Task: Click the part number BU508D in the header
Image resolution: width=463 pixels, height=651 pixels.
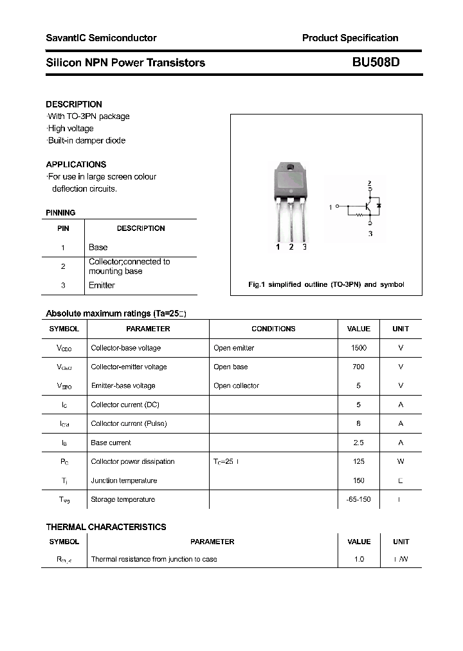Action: pyautogui.click(x=376, y=62)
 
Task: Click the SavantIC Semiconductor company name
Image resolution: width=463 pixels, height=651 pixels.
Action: pyautogui.click(x=101, y=38)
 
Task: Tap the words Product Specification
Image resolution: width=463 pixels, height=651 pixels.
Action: pyautogui.click(x=350, y=38)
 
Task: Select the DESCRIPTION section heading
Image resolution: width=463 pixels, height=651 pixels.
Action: pyautogui.click(x=74, y=104)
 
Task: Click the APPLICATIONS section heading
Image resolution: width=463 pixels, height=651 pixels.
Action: pyautogui.click(x=76, y=165)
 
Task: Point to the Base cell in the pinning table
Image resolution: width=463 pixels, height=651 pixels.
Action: pyautogui.click(x=98, y=248)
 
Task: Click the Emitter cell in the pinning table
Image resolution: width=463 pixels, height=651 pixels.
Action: pyautogui.click(x=102, y=286)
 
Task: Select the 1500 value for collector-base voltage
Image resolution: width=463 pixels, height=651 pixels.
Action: pyautogui.click(x=358, y=348)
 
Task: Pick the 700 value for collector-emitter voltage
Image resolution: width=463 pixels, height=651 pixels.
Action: pyautogui.click(x=358, y=367)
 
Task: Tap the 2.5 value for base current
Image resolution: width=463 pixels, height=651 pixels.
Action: pyautogui.click(x=358, y=443)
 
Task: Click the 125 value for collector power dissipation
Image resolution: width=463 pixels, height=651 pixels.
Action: pyautogui.click(x=358, y=461)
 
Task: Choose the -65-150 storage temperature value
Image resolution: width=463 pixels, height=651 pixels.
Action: pyautogui.click(x=358, y=499)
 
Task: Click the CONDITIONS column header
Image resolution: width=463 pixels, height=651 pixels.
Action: pyautogui.click(x=273, y=329)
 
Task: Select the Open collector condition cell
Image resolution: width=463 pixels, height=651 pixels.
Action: pyautogui.click(x=236, y=386)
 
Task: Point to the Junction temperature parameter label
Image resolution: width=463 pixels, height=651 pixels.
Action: pyautogui.click(x=124, y=481)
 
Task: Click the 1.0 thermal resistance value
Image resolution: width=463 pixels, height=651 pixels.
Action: pyautogui.click(x=358, y=559)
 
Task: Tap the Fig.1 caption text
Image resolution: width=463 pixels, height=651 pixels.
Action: pyautogui.click(x=326, y=284)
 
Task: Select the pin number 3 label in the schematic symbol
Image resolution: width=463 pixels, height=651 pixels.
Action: pyautogui.click(x=370, y=234)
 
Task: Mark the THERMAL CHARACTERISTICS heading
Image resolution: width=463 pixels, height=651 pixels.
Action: pyautogui.click(x=106, y=527)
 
